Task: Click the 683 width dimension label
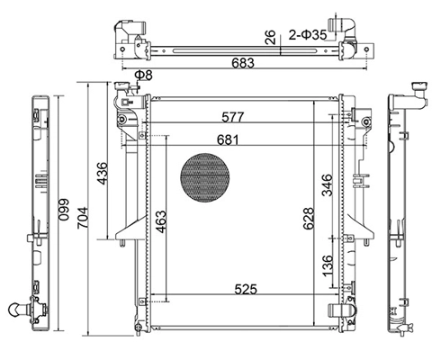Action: tap(243, 63)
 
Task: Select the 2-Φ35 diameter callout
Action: tap(308, 35)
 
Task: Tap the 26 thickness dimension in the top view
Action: tap(270, 37)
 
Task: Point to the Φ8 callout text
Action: tap(143, 75)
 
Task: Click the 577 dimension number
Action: tap(233, 117)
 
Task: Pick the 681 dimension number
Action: tap(229, 139)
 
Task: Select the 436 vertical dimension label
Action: tap(102, 174)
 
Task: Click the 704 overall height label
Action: tap(82, 218)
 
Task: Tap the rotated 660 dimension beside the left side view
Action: tap(64, 210)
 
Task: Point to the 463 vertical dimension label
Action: tap(160, 222)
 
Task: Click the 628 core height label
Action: tap(308, 219)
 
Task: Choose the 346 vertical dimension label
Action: tap(328, 185)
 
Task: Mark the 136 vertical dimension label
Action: tap(328, 266)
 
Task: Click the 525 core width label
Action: tap(246, 289)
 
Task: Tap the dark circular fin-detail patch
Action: tap(205, 177)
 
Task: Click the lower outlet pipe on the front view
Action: tap(341, 310)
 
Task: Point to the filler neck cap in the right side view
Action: tap(419, 85)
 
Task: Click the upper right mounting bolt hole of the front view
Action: tap(366, 121)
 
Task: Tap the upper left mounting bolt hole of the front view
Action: tap(121, 120)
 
